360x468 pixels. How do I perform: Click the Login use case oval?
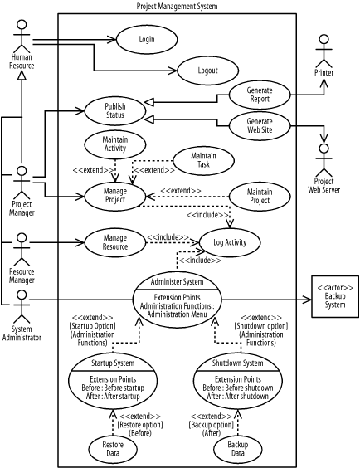tap(146, 38)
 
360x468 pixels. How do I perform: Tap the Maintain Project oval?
tap(260, 197)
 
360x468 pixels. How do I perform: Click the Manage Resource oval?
tap(115, 242)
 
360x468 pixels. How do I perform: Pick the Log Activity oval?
tap(225, 242)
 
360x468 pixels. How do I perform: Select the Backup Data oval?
tap(237, 449)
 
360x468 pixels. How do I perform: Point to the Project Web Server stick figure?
tap(324, 158)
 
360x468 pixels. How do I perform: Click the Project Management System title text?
tap(178, 7)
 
